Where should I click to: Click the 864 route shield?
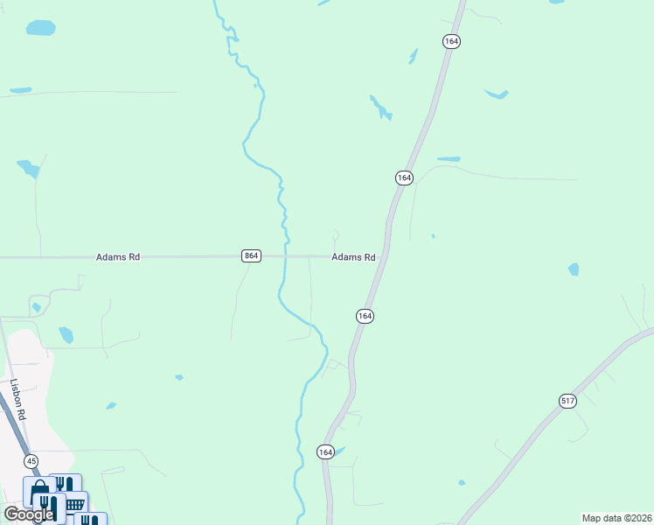tap(251, 255)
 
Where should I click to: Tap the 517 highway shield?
tap(567, 401)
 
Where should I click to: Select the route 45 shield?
tap(31, 461)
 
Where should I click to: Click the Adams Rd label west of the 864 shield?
tap(118, 257)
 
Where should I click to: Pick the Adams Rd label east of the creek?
tap(353, 257)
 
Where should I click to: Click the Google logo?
tap(28, 514)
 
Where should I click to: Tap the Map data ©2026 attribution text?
tap(616, 518)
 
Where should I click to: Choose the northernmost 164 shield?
tap(451, 41)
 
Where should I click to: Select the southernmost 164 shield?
tap(325, 451)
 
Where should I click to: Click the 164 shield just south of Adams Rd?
tap(365, 315)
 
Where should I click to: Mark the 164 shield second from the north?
tap(403, 178)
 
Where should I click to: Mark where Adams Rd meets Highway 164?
tap(385, 257)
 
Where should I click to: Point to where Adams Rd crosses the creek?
tap(286, 256)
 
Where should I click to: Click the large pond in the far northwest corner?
tap(40, 28)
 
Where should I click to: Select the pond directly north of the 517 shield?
tap(573, 269)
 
